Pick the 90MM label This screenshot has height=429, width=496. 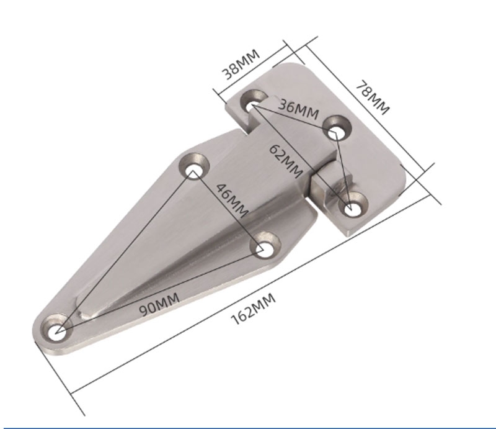(159, 305)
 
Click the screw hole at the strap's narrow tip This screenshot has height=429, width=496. (57, 329)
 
